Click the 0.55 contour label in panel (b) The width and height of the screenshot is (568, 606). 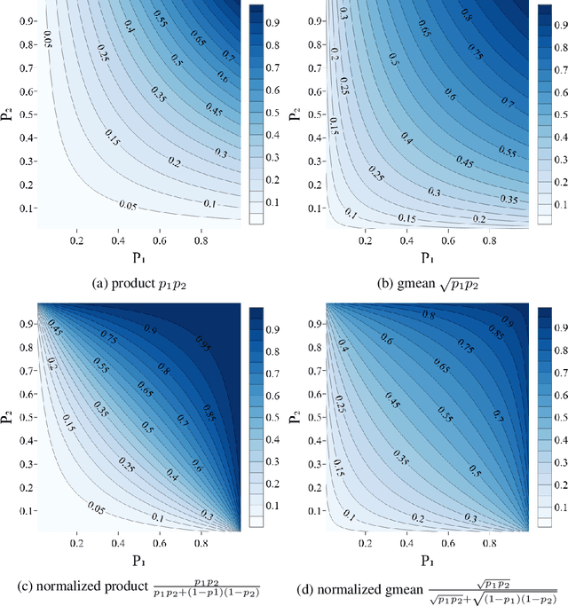(x=509, y=153)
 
